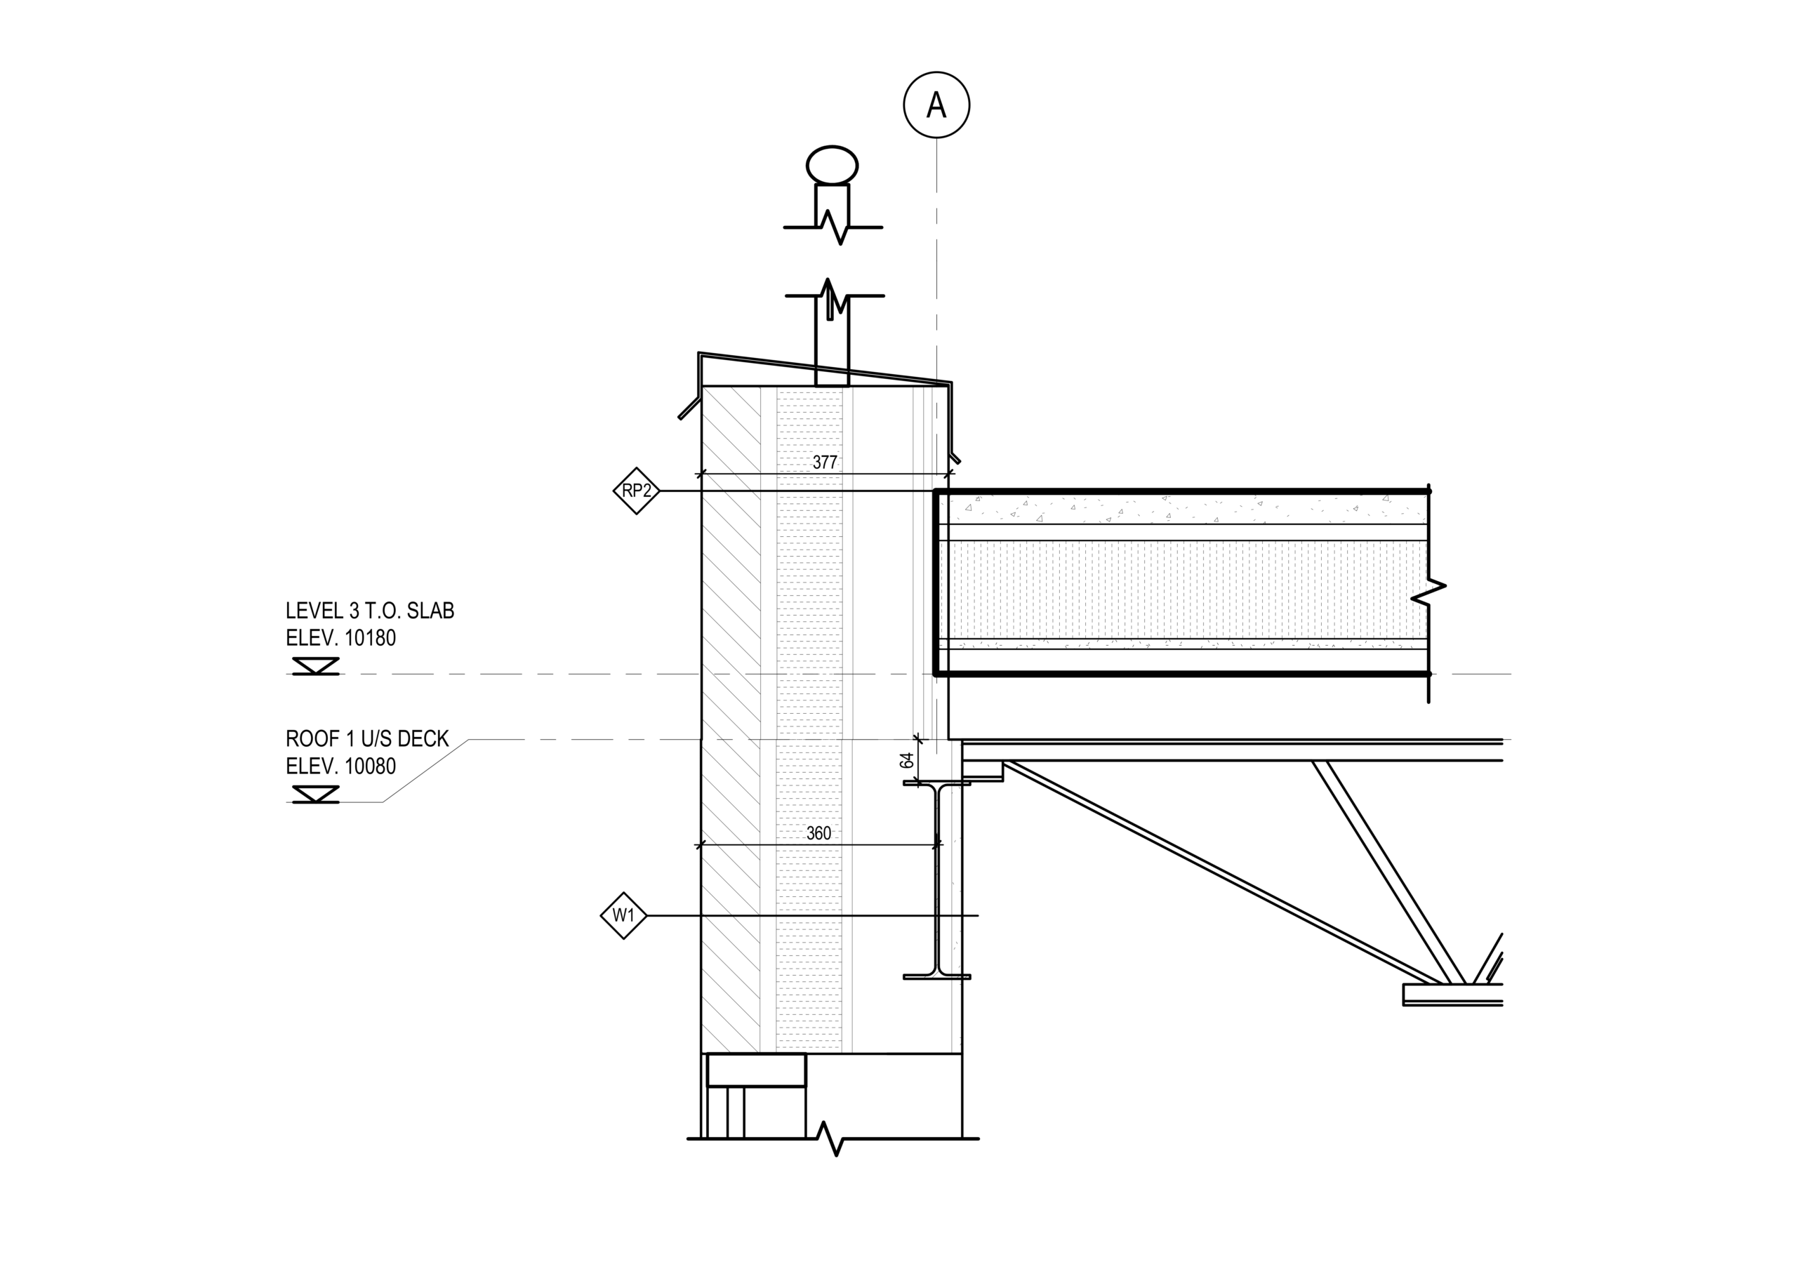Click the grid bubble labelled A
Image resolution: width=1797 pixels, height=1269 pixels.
pyautogui.click(x=936, y=105)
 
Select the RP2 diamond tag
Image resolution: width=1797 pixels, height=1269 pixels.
pyautogui.click(x=636, y=491)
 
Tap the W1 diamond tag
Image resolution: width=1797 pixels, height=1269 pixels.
pyautogui.click(x=624, y=915)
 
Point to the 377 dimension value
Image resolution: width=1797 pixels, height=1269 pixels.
pyautogui.click(x=825, y=463)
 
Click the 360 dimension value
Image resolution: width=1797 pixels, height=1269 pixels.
pyautogui.click(x=818, y=833)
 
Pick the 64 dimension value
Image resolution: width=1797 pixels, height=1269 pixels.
pyautogui.click(x=907, y=759)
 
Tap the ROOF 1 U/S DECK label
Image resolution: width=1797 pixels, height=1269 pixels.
pyautogui.click(x=367, y=738)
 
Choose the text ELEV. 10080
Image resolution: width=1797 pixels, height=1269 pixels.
pyautogui.click(x=340, y=766)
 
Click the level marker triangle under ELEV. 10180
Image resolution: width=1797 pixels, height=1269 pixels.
pyautogui.click(x=315, y=666)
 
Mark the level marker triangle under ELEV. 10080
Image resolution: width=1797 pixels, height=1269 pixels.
pyautogui.click(x=315, y=794)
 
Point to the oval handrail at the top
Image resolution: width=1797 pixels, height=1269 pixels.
pyautogui.click(x=832, y=166)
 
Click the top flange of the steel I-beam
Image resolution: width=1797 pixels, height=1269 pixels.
pyautogui.click(x=937, y=783)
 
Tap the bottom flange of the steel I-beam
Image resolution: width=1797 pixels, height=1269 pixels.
pyautogui.click(x=937, y=976)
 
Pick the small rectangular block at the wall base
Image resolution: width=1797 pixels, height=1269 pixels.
pyautogui.click(x=756, y=1070)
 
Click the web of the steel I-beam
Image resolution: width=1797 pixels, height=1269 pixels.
pyautogui.click(x=937, y=880)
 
